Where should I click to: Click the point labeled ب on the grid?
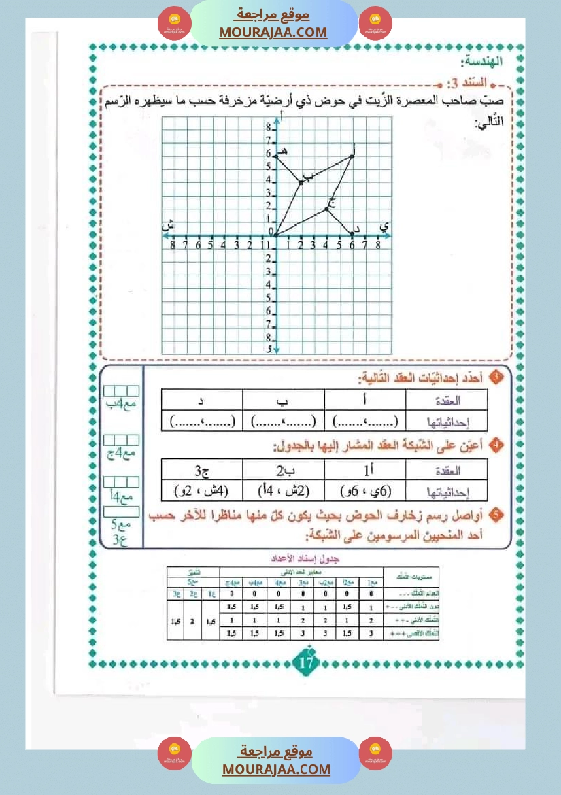(x=301, y=182)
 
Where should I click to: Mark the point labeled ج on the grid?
(x=326, y=208)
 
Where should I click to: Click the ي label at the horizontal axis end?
(x=385, y=226)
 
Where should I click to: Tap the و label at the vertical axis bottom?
(x=269, y=348)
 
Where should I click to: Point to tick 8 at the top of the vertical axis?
(x=269, y=129)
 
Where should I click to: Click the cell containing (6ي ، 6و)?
(x=365, y=489)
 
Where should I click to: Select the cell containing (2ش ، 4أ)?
(x=284, y=489)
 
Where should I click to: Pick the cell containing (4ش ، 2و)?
(x=202, y=489)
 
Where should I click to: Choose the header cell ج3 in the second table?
(x=202, y=469)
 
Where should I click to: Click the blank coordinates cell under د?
(x=202, y=420)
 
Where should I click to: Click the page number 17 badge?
(x=307, y=660)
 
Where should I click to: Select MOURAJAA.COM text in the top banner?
(x=273, y=32)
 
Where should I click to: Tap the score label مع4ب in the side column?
(x=122, y=405)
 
